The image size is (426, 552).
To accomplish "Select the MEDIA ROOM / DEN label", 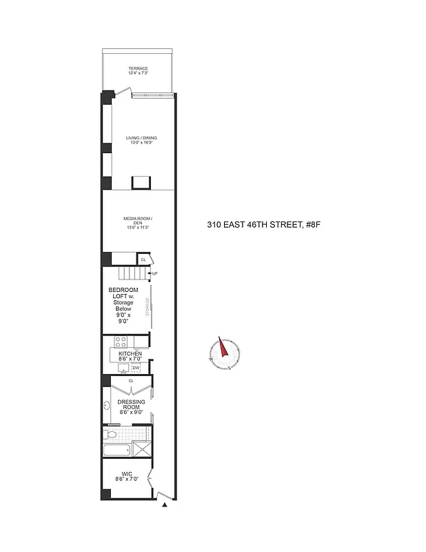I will (137, 222).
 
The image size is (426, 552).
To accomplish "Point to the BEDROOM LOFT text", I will (123, 294).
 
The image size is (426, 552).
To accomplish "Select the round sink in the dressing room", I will (108, 405).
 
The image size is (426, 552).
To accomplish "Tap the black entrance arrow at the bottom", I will (165, 506).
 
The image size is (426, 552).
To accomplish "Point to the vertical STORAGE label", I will (147, 308).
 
